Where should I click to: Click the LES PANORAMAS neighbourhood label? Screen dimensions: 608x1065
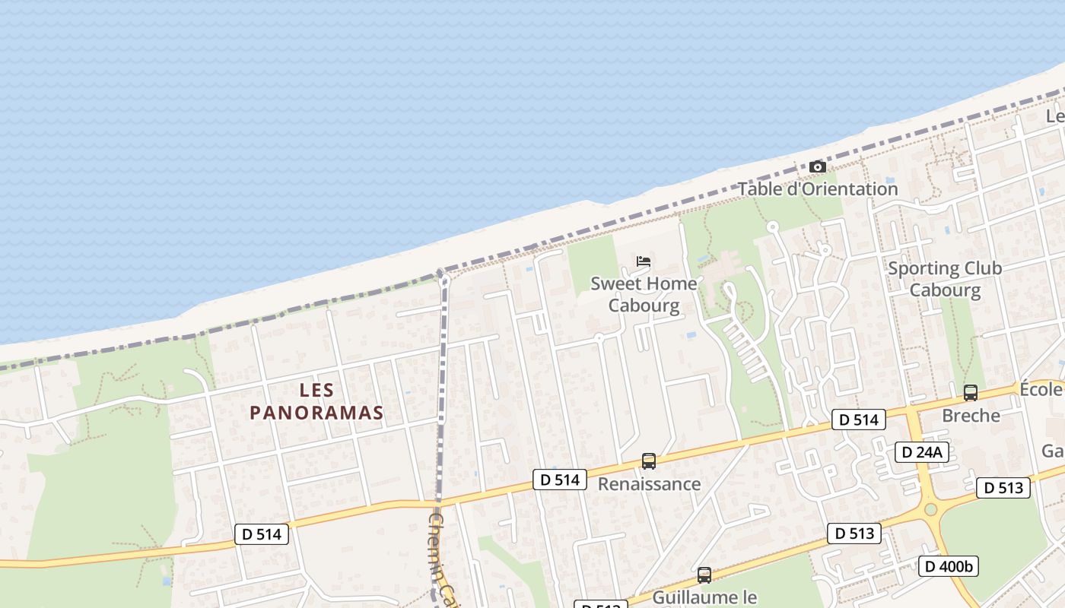click(x=316, y=401)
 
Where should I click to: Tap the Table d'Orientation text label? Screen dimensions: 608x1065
click(x=818, y=189)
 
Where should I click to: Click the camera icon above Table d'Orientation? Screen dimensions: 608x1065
click(x=818, y=166)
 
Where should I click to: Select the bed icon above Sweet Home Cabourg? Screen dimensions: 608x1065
click(x=644, y=261)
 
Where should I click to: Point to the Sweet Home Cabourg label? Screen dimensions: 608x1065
click(x=644, y=294)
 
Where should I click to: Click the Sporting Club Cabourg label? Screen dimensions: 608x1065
click(x=945, y=279)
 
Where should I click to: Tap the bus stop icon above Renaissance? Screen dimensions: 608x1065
click(x=649, y=461)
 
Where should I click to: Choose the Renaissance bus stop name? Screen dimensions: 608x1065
click(x=649, y=484)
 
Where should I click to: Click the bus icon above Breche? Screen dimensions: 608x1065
click(x=971, y=393)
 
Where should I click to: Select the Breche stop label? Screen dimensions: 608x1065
click(x=971, y=416)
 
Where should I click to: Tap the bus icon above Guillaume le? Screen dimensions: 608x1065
click(x=704, y=575)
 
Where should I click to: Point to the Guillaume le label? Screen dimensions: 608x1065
click(x=705, y=597)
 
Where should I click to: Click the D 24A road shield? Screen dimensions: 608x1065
click(x=921, y=452)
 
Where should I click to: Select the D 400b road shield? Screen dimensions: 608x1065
click(x=948, y=566)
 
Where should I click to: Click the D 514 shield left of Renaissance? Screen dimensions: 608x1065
click(x=560, y=480)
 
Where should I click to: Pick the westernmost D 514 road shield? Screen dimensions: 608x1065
click(x=262, y=534)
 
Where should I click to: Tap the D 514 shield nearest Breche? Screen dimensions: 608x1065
click(x=860, y=420)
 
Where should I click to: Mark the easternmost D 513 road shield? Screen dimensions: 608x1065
click(x=1003, y=488)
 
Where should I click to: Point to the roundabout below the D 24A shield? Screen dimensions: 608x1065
click(x=930, y=509)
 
